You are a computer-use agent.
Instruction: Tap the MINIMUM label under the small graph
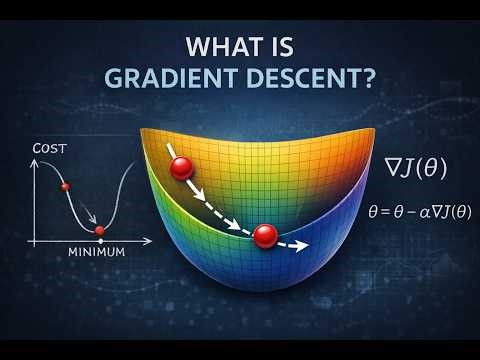pos(97,252)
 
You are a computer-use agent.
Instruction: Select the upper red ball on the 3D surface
pos(182,171)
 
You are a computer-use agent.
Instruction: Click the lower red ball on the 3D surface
pos(265,236)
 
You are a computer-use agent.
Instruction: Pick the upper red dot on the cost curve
pos(65,187)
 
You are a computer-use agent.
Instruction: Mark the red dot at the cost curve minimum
pos(100,231)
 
